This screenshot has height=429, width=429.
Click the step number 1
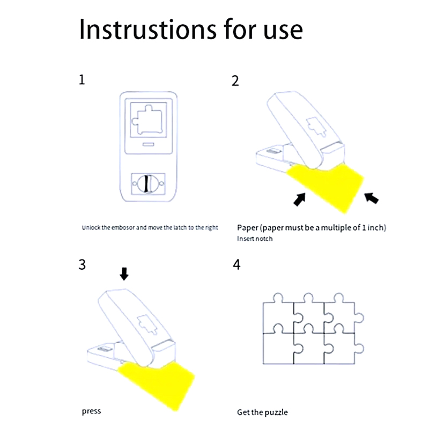click(82, 80)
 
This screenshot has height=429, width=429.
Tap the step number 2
click(235, 81)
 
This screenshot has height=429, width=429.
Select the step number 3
click(82, 265)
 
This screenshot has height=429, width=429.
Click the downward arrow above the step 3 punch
click(124, 275)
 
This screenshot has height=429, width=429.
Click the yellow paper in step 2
click(327, 185)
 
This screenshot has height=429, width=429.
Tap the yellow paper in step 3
click(159, 382)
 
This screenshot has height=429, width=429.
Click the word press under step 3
click(91, 411)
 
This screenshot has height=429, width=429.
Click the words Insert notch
click(255, 238)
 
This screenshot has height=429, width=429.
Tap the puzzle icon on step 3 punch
click(144, 323)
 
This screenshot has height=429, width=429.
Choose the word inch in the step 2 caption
click(375, 227)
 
